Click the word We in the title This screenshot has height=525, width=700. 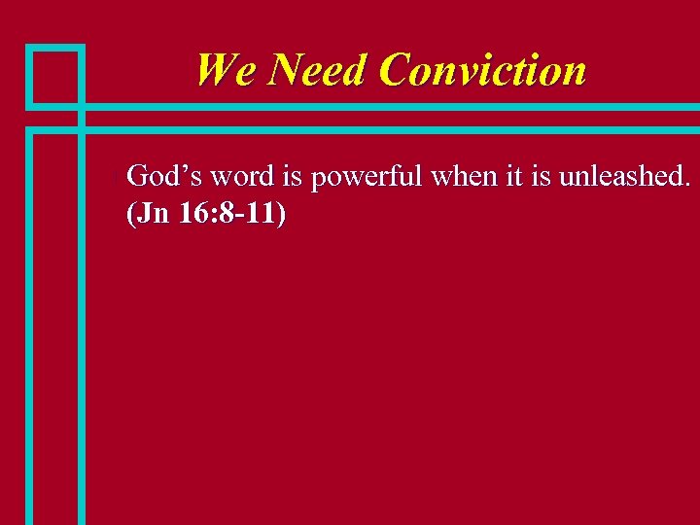click(x=227, y=70)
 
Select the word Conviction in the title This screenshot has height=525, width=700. click(x=483, y=70)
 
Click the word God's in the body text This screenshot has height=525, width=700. click(x=164, y=177)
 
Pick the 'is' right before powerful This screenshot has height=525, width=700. click(x=293, y=177)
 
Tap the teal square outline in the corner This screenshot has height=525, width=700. click(x=54, y=76)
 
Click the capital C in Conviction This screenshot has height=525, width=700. click(x=397, y=70)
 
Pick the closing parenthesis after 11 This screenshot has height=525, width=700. click(x=282, y=215)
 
